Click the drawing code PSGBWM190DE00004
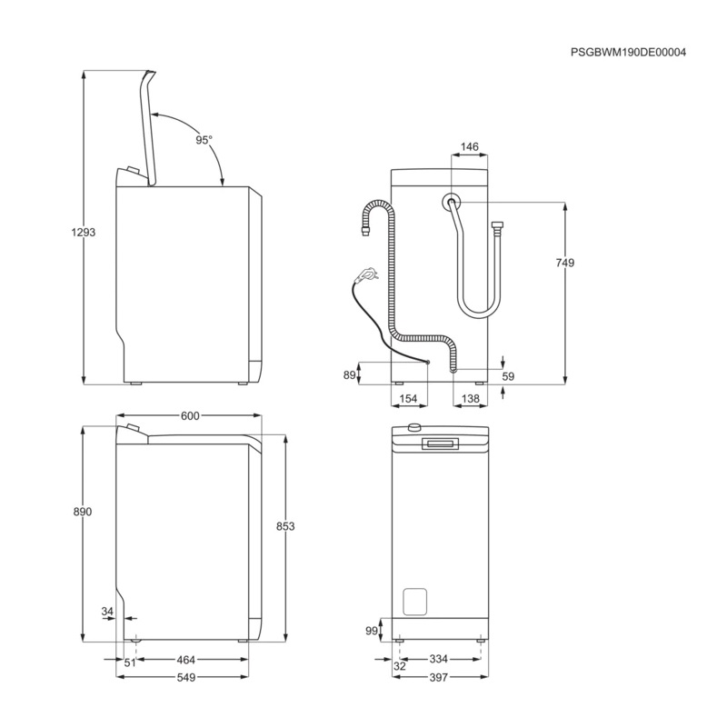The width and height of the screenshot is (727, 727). click(x=628, y=52)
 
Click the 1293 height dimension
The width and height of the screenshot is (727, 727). click(x=83, y=232)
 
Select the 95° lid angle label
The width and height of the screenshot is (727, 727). click(x=204, y=140)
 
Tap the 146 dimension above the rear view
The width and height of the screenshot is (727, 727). click(x=469, y=146)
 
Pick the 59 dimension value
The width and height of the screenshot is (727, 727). click(x=508, y=375)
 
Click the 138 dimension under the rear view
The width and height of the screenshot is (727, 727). click(x=471, y=399)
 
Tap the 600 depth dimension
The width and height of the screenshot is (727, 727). click(x=189, y=416)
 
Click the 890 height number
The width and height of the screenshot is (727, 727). click(x=83, y=513)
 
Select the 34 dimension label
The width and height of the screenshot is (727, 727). click(x=108, y=612)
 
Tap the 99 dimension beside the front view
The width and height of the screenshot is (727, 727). click(x=371, y=630)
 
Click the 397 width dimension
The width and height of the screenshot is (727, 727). click(x=439, y=678)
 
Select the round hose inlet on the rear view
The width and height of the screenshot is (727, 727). click(x=450, y=202)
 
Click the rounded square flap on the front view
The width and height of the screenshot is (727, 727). click(x=414, y=603)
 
